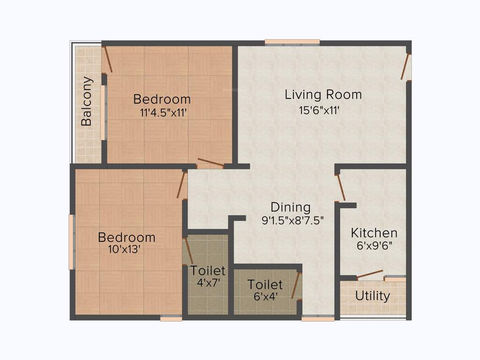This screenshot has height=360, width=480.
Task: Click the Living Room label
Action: [323, 95]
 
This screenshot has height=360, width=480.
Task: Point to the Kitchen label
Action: [374, 232]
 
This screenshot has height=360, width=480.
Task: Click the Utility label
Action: [373, 296]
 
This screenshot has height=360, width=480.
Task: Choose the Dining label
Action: [291, 207]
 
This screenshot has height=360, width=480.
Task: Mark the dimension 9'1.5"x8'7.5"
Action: [293, 220]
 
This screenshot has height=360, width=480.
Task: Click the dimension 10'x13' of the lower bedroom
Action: [124, 250]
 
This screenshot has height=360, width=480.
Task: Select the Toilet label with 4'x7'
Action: [208, 270]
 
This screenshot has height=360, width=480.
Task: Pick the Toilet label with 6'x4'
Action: [265, 285]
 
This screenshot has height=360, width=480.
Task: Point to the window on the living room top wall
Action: [292, 43]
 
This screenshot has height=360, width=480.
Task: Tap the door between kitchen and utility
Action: [369, 275]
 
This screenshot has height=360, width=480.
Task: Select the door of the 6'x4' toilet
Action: [296, 285]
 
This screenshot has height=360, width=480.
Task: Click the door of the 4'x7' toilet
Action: [189, 251]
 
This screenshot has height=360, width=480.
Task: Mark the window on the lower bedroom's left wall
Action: [71, 242]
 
